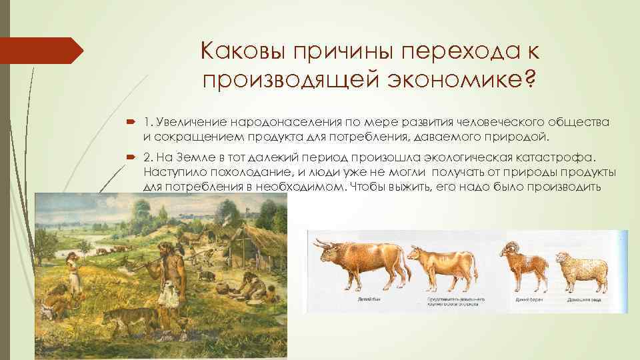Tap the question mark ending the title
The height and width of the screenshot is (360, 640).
coord(529,79)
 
